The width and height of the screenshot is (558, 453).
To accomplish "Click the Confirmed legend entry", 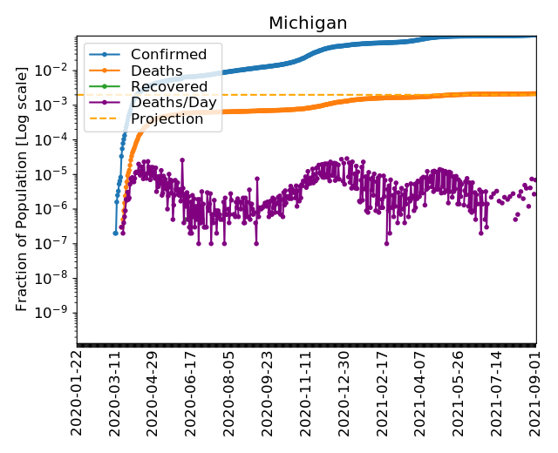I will pyautogui.click(x=168, y=55).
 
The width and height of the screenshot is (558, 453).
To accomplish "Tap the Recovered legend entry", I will pyautogui.click(x=169, y=86).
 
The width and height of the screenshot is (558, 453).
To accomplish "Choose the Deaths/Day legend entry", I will pyautogui.click(x=174, y=103).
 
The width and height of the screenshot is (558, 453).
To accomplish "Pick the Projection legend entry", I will pyautogui.click(x=167, y=118).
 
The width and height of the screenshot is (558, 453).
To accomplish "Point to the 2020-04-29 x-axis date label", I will pyautogui.click(x=153, y=393).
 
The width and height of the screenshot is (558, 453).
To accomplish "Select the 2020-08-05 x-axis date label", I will pyautogui.click(x=228, y=393).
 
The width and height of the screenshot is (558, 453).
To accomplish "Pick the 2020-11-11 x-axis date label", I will pyautogui.click(x=305, y=393).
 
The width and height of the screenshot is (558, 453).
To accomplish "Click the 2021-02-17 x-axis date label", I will pyautogui.click(x=382, y=393).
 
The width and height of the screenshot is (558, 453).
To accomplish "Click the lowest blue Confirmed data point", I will pyautogui.click(x=115, y=233).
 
